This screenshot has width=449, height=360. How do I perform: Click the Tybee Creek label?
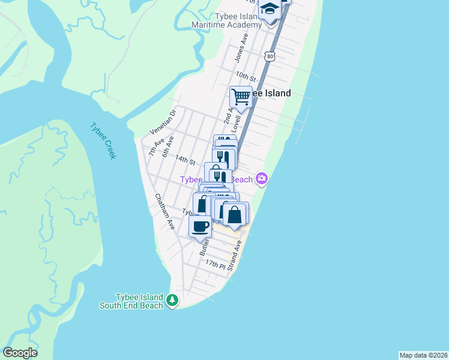(x=103, y=141)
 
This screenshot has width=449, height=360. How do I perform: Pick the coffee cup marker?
(x=200, y=226)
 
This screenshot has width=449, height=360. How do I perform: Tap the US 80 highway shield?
(x=270, y=56)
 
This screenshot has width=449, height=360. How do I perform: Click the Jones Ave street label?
(x=241, y=47)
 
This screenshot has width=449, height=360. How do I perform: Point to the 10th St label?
(x=246, y=77)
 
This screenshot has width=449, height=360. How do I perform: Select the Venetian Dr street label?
(x=163, y=122)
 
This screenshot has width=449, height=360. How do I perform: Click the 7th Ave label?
(x=156, y=148)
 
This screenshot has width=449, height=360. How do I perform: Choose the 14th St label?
(x=185, y=161)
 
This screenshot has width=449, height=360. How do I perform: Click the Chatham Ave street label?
(x=164, y=212)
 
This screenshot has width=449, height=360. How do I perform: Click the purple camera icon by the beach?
(x=261, y=178)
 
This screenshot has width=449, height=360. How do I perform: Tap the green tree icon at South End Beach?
(x=172, y=300)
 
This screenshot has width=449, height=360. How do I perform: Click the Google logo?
(x=20, y=353)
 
